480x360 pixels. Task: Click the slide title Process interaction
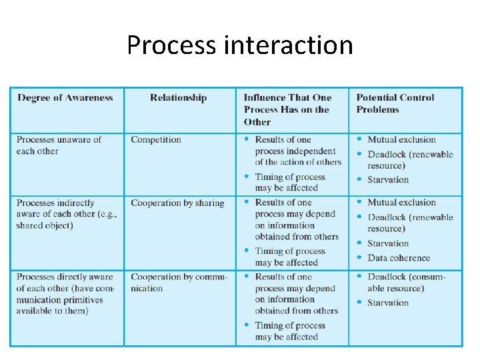click(239, 45)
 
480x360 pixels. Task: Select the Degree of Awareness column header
click(65, 98)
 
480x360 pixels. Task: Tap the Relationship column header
click(178, 98)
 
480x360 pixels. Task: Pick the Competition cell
click(156, 140)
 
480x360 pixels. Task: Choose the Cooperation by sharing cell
click(177, 203)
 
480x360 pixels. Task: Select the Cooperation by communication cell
click(179, 283)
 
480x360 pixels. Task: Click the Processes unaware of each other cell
click(59, 145)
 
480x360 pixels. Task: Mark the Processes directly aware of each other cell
click(65, 294)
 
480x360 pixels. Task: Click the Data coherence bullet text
click(399, 258)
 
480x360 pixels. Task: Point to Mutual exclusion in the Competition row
click(401, 140)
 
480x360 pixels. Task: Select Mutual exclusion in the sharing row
click(401, 203)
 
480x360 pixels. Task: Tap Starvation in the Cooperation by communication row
click(388, 303)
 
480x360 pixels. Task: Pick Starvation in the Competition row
click(388, 179)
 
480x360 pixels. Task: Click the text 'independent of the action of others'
click(297, 156)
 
